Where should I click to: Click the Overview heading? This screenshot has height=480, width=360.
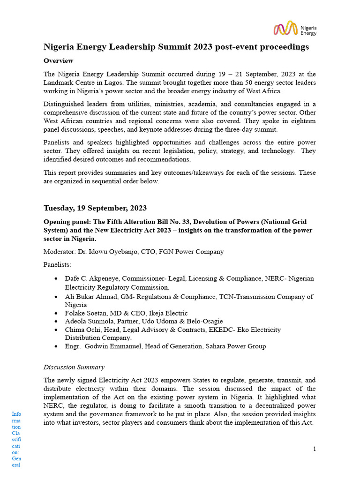pos(58,60)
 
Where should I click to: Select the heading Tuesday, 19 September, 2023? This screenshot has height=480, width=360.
pos(95,208)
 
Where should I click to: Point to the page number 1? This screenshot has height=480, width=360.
pos(315,449)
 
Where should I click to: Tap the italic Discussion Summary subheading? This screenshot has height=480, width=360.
pos(74,367)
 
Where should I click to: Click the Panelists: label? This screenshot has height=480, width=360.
pos(57,264)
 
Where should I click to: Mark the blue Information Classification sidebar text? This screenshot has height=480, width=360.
pos(16,439)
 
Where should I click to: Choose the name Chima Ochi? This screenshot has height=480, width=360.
pos(84,330)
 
